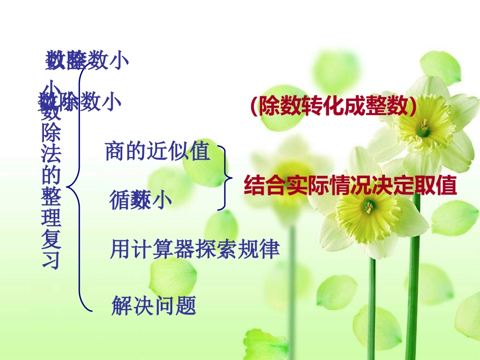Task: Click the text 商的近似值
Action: coord(157,151)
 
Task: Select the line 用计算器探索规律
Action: coord(195,249)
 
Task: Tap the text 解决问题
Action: coord(154,305)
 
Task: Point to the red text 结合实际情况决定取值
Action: coord(350,186)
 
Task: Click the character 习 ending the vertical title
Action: coord(52,260)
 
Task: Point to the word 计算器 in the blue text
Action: coord(159,249)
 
